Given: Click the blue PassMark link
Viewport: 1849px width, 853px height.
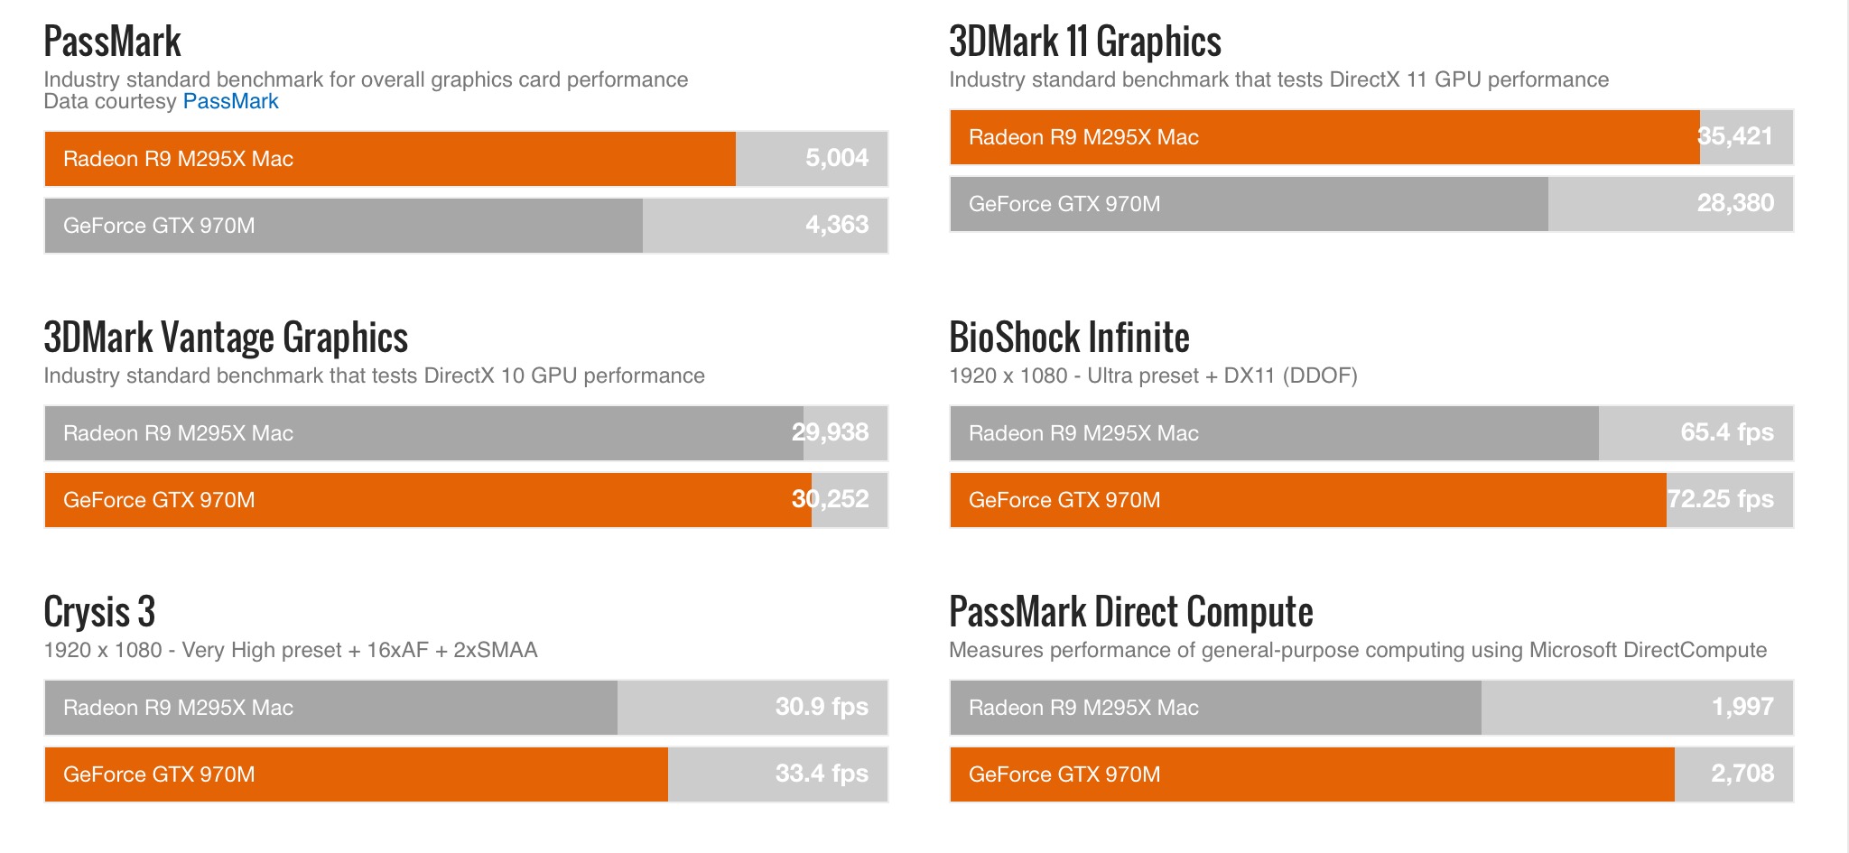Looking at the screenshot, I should [x=230, y=101].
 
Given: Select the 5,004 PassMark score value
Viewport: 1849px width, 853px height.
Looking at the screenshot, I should [x=837, y=158].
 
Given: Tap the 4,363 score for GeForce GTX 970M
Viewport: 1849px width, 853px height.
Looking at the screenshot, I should [x=837, y=225].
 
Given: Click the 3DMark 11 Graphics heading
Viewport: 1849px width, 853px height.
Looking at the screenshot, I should [x=1084, y=42].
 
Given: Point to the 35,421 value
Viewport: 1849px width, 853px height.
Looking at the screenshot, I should [x=1734, y=136].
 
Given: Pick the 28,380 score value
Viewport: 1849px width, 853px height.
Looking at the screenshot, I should [x=1735, y=203].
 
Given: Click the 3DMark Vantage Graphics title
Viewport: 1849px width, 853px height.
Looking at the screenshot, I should [x=226, y=338].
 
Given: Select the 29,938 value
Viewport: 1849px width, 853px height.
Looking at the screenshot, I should [x=830, y=432].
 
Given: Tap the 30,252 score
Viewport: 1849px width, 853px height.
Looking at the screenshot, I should [x=830, y=499].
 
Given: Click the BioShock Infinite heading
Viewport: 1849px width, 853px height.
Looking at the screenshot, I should [x=1069, y=338].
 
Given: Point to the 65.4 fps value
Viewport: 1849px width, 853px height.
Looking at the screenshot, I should [x=1727, y=432].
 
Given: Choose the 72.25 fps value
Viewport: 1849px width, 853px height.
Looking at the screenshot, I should [x=1720, y=499].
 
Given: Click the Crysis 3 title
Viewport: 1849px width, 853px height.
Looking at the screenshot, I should [x=99, y=612].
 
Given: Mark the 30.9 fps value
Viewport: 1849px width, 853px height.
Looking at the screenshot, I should [x=822, y=707].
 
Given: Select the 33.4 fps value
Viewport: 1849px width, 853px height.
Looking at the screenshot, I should [x=822, y=774].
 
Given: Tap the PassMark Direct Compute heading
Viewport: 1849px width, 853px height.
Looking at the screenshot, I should [x=1130, y=612].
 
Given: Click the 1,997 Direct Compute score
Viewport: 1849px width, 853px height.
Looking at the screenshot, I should [x=1742, y=707].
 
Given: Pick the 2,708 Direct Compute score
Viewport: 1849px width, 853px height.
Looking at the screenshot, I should [x=1742, y=774].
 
